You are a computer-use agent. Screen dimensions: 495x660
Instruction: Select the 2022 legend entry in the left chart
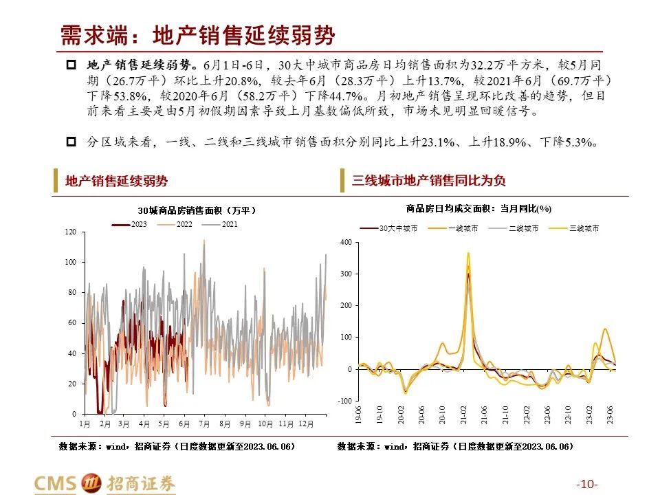pos(175,224)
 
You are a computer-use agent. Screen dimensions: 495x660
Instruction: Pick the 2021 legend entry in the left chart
pos(221,224)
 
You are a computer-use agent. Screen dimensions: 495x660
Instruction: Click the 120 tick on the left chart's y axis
pos(71,232)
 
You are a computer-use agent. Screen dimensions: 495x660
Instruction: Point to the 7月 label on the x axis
pos(203,424)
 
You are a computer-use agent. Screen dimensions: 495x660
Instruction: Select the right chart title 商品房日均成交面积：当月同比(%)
pos(478,208)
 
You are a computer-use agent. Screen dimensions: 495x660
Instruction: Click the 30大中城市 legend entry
pos(390,228)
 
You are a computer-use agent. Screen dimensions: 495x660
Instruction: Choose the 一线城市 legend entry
pos(456,228)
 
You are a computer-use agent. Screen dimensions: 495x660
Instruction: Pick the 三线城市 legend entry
pos(576,228)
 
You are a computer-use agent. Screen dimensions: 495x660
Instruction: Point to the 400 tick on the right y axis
pos(346,243)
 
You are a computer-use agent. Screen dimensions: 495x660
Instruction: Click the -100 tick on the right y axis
pos(344,401)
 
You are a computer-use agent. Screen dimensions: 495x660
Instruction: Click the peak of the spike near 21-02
pos(468,253)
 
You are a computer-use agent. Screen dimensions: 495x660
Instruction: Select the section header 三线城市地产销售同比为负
pos(429,181)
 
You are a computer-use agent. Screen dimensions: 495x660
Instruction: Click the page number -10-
pos(588,484)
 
